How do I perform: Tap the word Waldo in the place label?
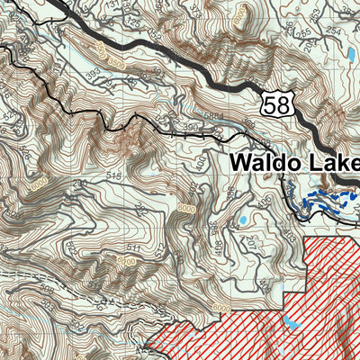click(x=262, y=163)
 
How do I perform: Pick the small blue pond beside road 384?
click(x=241, y=220)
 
